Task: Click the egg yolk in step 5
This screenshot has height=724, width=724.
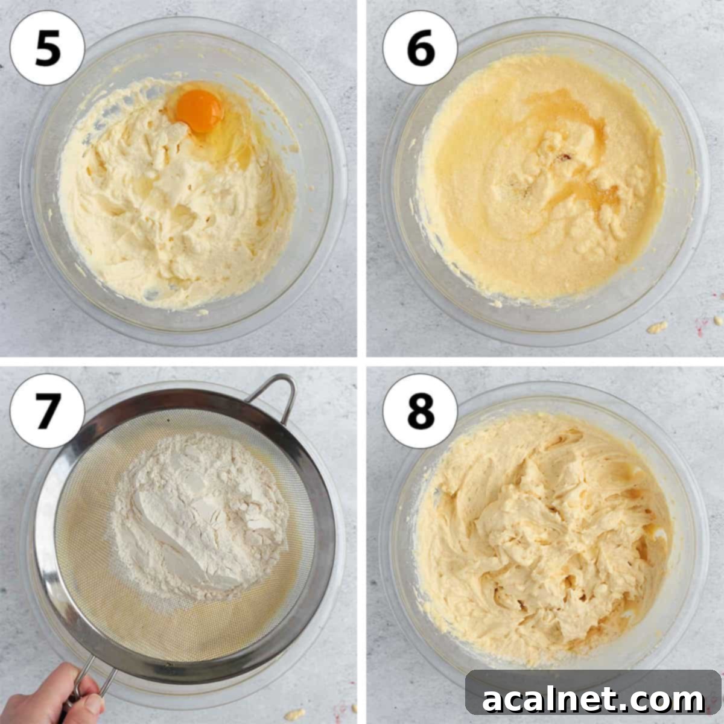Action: (200, 110)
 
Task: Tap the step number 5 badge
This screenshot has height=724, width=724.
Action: (47, 48)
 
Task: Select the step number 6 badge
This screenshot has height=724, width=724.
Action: (420, 48)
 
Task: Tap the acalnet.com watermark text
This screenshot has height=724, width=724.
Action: (593, 700)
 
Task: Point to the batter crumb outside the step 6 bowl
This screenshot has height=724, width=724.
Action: (657, 327)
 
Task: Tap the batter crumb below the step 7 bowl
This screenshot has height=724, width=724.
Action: (294, 714)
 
